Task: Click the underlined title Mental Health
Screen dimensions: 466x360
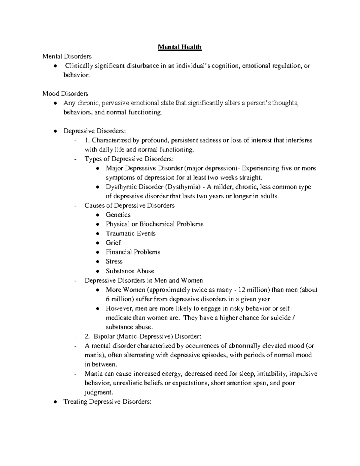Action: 180,47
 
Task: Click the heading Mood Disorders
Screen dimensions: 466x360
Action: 65,94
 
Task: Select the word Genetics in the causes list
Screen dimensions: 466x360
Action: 118,215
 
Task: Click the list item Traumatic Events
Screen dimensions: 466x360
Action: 130,233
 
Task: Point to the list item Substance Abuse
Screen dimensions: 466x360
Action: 130,271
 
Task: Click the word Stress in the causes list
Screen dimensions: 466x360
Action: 114,261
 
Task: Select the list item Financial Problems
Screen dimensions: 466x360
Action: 133,252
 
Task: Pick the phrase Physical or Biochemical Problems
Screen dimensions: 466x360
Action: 154,224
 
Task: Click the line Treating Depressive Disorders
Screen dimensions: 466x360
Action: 107,402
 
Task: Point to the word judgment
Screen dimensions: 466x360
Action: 99,392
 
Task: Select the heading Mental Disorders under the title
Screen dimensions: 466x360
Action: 67,56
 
